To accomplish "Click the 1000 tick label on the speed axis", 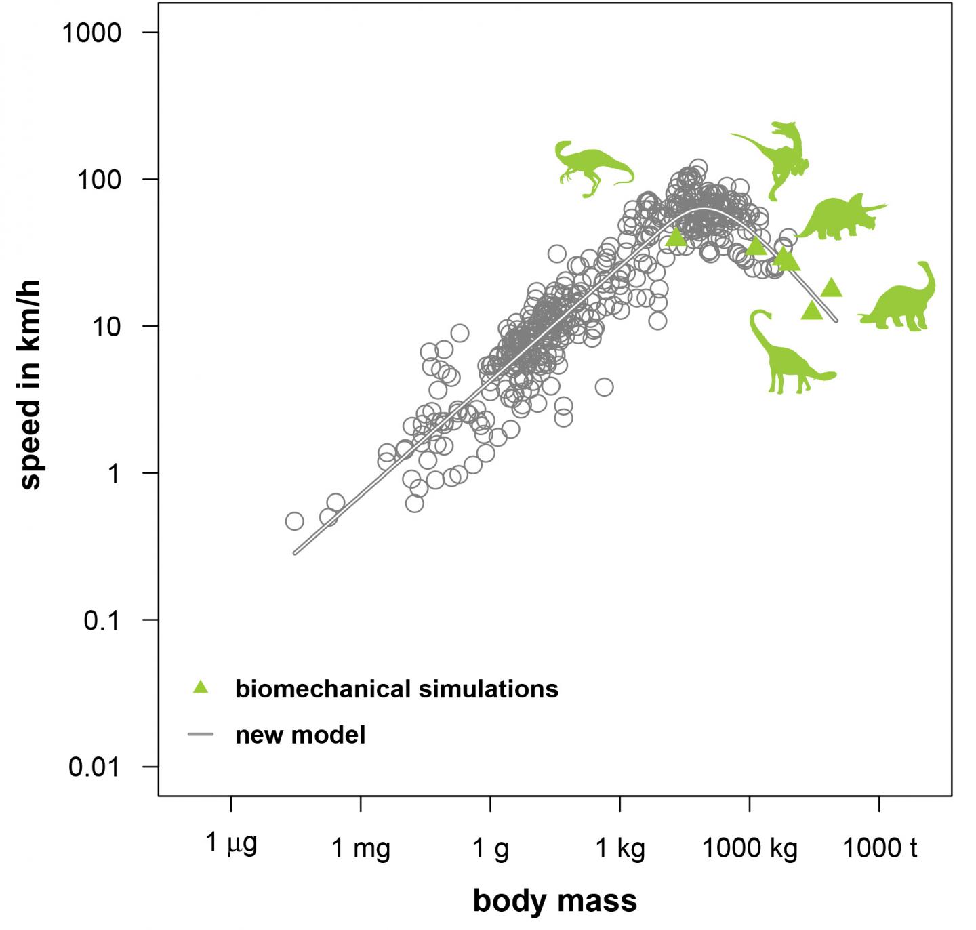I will click(91, 33).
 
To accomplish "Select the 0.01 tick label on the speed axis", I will click(94, 767).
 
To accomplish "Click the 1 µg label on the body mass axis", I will click(231, 844).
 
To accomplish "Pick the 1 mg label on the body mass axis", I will click(361, 847).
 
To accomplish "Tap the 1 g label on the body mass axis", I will click(490, 847).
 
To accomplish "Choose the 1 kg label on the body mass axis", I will click(620, 847).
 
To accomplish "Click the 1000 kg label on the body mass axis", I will click(750, 847).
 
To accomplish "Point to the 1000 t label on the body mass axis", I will click(880, 847).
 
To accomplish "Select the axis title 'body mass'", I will click(555, 901).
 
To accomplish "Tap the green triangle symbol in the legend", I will click(200, 687).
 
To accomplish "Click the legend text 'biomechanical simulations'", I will click(396, 689).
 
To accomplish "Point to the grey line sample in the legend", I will click(200, 734).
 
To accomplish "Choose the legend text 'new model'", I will click(300, 735).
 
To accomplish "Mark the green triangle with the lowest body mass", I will click(676, 237).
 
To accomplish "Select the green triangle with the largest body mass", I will click(832, 289).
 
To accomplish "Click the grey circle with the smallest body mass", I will click(294, 521).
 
